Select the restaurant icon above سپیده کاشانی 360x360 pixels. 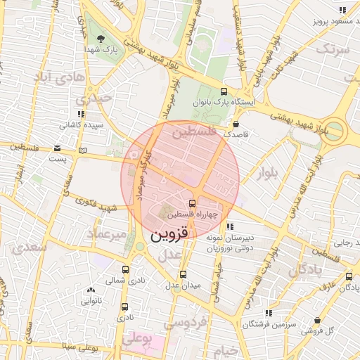pos(82,114)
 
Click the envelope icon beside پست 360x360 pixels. pos(57,148)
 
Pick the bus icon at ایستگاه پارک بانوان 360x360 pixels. pos(224,91)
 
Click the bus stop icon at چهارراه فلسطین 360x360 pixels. pos(193,203)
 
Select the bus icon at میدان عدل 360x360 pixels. pos(184,274)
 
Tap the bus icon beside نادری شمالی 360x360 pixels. pos(125,269)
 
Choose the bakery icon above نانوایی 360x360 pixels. pos(91,290)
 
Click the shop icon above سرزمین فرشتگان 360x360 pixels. pos(268,313)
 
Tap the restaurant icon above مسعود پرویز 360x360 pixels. pos(342,11)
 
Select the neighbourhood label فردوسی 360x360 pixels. pos(185,323)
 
